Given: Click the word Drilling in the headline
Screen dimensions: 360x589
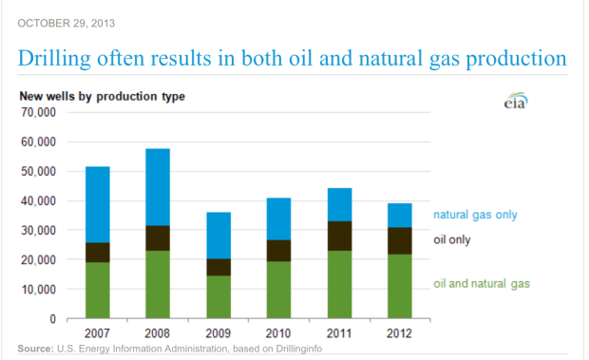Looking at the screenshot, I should pos(57,60).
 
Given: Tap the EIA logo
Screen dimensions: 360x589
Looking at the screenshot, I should pos(515,103).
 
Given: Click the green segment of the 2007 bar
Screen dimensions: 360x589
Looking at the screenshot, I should pos(98,290).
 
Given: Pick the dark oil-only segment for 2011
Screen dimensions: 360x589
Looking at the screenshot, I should pos(339,236).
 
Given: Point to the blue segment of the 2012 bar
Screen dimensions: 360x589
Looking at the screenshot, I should pos(400,216).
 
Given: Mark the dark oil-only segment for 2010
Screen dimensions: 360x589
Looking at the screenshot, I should pos(279,250).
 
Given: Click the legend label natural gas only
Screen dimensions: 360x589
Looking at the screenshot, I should pos(475,215).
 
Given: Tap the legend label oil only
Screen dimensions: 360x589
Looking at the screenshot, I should pos(452,239).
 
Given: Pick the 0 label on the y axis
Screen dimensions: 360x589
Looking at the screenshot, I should pos(52,318).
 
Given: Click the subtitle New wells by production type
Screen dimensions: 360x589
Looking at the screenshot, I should pos(102,96).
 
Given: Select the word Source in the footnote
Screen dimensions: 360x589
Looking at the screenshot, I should pos(34,350).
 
